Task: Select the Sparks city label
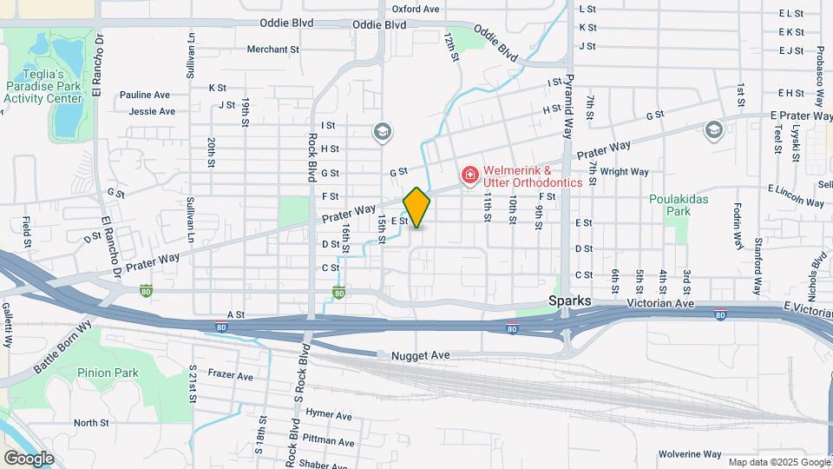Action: coord(570,301)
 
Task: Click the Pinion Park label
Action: coord(120,373)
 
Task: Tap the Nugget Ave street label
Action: coord(420,355)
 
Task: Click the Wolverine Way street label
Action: coord(690,454)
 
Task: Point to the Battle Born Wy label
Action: coord(62,347)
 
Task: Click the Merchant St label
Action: coord(272,50)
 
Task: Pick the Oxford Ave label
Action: coord(422,9)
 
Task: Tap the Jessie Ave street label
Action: coord(152,111)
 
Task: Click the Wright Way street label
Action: coord(625,172)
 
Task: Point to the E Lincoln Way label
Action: coord(796,196)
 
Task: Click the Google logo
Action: coord(28,458)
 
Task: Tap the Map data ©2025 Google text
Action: coord(778,462)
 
